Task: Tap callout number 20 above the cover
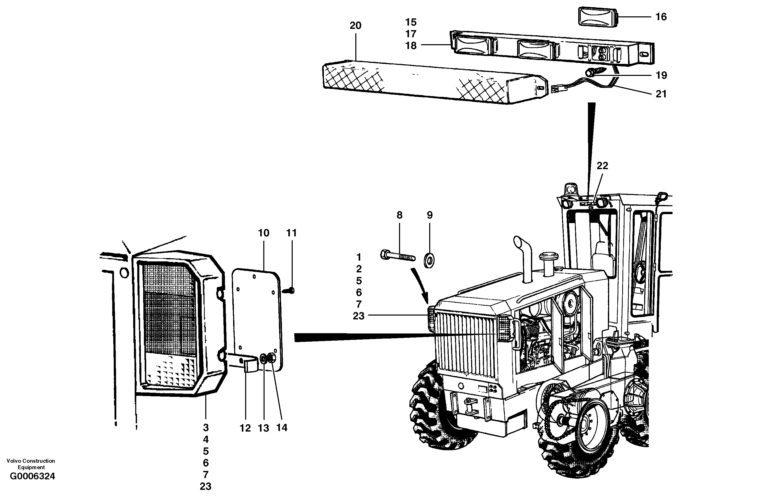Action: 355,26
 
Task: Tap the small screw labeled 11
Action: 290,290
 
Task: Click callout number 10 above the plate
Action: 264,233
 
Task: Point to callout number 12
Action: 245,428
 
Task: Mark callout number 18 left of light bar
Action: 411,46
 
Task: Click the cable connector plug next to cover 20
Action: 557,89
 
